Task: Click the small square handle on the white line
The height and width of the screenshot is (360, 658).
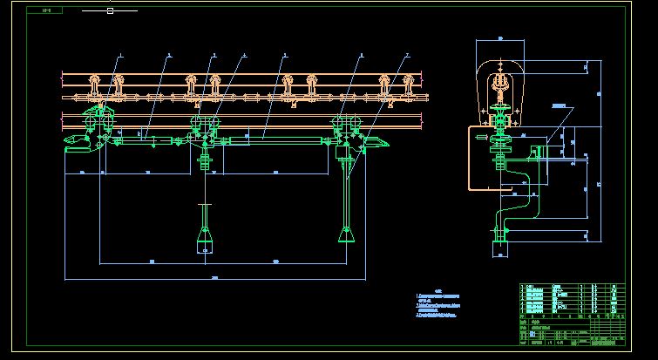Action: (110, 11)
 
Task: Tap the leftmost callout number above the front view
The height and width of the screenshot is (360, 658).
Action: (120, 56)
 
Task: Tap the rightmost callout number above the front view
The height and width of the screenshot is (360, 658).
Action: (407, 56)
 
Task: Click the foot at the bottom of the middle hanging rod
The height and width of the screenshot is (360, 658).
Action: (205, 240)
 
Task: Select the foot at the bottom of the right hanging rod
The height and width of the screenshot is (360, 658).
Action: (346, 234)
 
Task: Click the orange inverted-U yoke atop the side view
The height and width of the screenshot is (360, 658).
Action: (500, 83)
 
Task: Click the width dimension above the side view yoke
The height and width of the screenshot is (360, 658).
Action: (500, 39)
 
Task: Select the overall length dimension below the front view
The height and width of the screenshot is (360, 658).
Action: (214, 278)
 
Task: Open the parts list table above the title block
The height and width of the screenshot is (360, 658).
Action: (572, 297)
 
